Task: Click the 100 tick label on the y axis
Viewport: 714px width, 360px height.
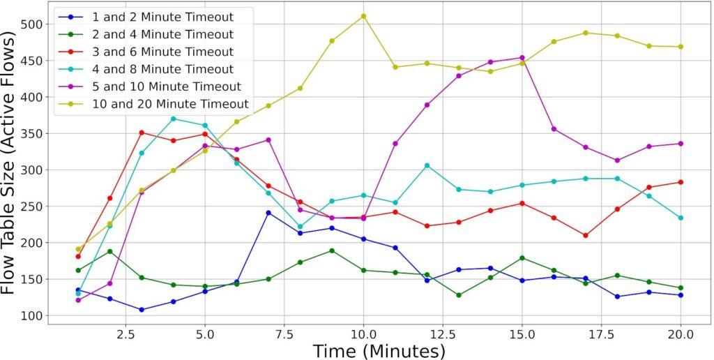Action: (x=31, y=316)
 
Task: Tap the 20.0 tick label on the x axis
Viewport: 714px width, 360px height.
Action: (x=681, y=334)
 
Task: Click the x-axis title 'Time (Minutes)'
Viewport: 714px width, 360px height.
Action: (x=379, y=350)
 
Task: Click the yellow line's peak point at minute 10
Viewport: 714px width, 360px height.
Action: (x=363, y=16)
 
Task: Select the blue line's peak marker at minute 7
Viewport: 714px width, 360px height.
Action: (x=268, y=213)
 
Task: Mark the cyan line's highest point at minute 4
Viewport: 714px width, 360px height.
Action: (x=173, y=119)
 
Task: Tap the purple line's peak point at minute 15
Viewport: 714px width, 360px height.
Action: (x=522, y=58)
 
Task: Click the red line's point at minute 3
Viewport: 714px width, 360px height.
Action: (x=141, y=133)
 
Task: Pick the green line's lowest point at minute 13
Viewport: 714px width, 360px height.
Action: (x=458, y=295)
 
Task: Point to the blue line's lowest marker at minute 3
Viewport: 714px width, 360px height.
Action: (x=141, y=310)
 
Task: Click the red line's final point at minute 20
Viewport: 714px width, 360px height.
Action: (x=681, y=182)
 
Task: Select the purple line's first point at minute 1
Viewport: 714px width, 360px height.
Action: (x=78, y=300)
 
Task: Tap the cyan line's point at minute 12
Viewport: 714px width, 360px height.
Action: (x=427, y=165)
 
